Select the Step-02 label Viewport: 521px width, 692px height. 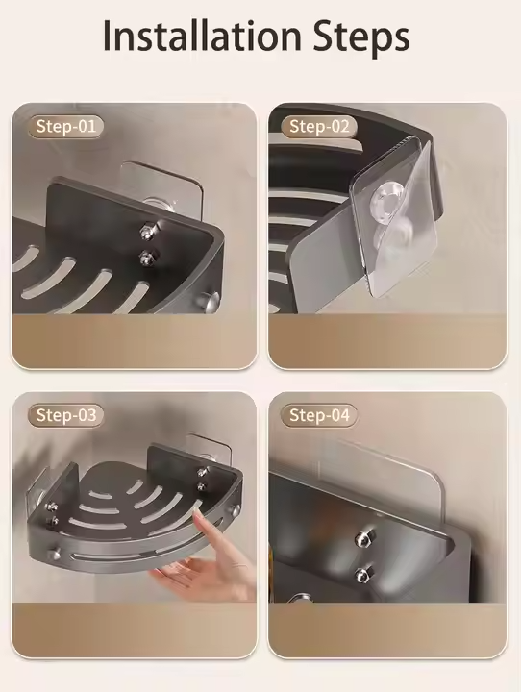(x=321, y=126)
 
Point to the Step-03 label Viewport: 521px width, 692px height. (x=66, y=415)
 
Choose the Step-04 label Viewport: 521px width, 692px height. (x=320, y=415)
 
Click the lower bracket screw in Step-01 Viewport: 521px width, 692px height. (x=146, y=255)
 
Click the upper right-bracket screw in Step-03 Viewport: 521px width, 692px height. (x=202, y=471)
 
